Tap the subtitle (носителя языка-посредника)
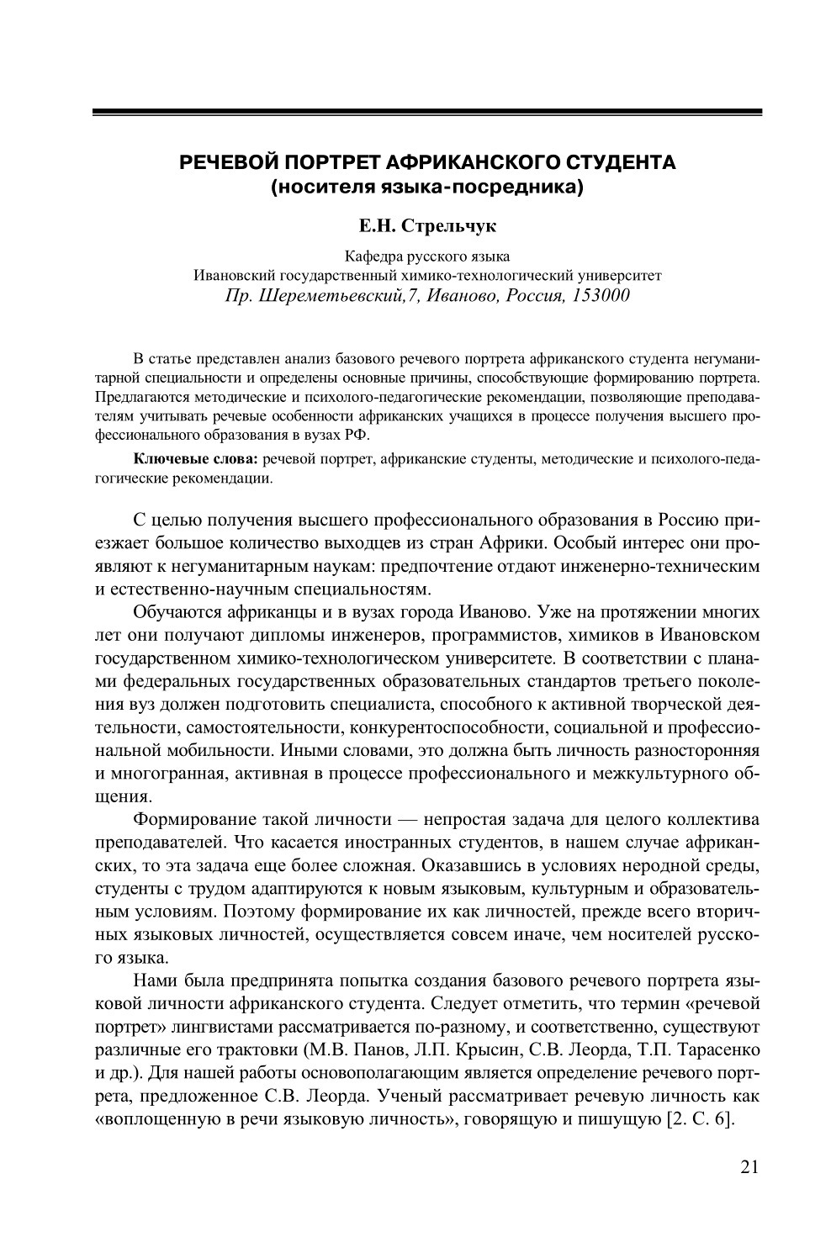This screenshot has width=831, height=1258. coord(426,187)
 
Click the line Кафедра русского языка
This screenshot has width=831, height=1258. coord(427,257)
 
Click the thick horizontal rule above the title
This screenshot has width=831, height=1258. coord(426,112)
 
